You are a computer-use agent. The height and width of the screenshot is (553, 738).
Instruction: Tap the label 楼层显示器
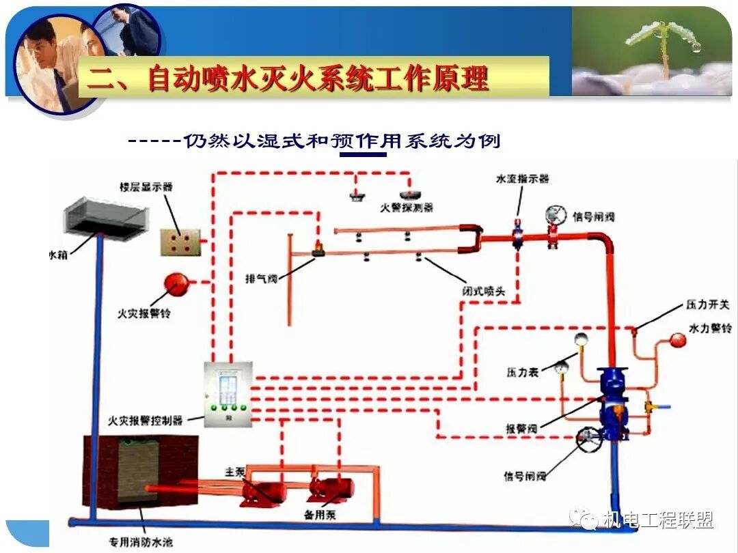click(x=146, y=186)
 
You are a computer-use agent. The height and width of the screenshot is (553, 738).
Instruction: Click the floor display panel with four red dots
click(x=180, y=242)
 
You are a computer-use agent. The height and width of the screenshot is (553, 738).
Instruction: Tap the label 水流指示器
click(x=522, y=179)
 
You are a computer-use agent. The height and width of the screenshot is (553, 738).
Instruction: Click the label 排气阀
click(x=262, y=279)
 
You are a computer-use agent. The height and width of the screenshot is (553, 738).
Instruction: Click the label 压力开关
click(x=708, y=304)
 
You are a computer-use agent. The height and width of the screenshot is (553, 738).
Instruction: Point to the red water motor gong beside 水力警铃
click(x=677, y=340)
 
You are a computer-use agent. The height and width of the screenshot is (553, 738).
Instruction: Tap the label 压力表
click(x=523, y=373)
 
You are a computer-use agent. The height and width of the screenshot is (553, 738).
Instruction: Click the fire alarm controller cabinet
click(x=228, y=394)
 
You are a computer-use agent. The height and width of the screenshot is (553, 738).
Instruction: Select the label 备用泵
click(x=320, y=514)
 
